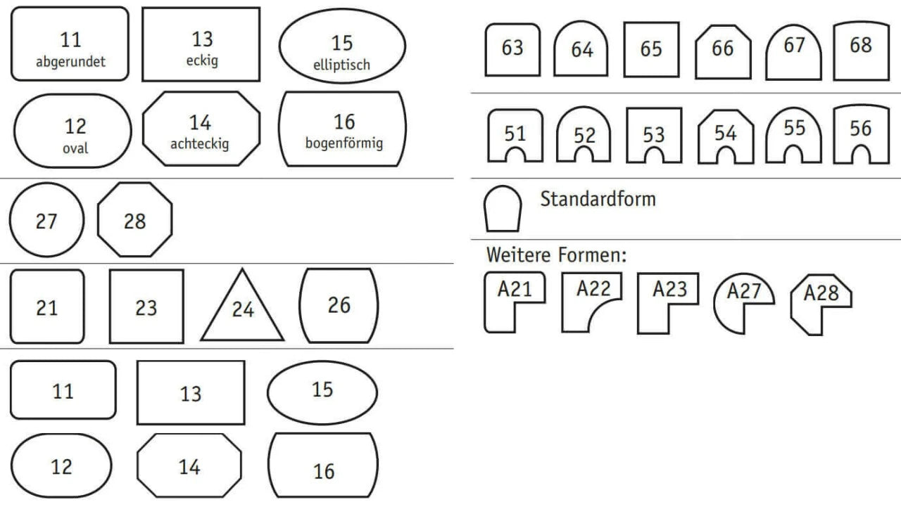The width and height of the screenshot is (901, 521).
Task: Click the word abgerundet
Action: coord(70,62)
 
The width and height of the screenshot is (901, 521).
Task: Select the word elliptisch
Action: coord(341,65)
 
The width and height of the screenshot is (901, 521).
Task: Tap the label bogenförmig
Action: coord(344,143)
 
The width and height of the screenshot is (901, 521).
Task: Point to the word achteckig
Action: coord(199,144)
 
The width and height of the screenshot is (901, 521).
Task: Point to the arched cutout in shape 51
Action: coord(515,148)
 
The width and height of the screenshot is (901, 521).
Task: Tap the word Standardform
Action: coord(598,199)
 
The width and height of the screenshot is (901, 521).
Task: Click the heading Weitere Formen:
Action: coord(556,255)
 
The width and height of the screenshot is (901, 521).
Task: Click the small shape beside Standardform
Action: coord(503,186)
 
